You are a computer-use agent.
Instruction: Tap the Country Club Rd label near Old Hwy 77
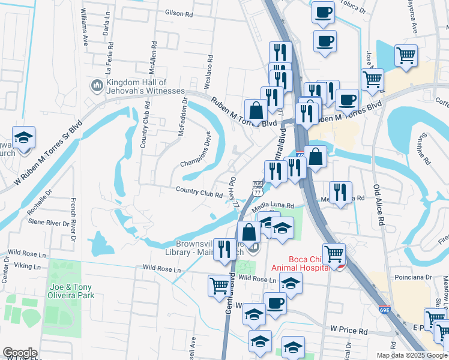(x=199, y=192)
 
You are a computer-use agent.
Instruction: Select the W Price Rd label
(x=349, y=330)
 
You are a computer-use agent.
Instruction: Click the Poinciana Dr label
(x=411, y=278)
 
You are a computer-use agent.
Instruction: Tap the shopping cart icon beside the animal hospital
(x=333, y=254)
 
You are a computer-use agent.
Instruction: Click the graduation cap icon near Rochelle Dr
(x=23, y=137)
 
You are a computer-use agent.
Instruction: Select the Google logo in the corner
(x=20, y=353)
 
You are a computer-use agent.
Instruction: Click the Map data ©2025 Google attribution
(x=412, y=355)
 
